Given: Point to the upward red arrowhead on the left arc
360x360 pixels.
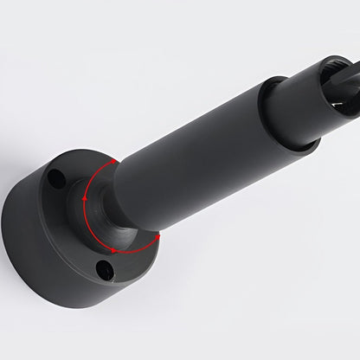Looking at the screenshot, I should click(x=84, y=200).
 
